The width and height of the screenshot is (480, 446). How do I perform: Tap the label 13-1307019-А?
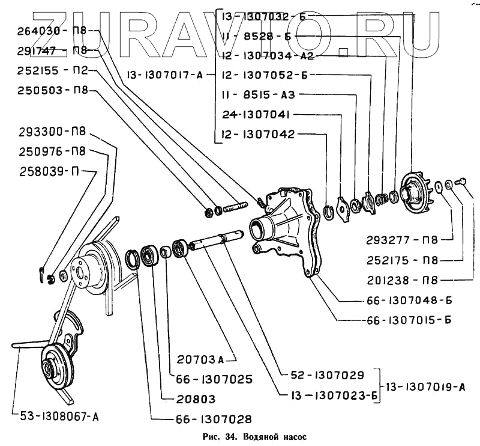tap(425, 386)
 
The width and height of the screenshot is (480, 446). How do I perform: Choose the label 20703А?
tap(202, 360)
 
